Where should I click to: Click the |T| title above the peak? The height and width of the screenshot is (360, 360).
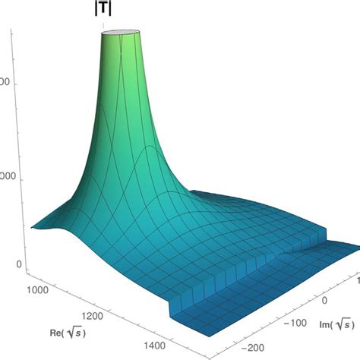point(102,11)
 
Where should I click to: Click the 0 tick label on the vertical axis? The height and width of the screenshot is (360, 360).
point(10,265)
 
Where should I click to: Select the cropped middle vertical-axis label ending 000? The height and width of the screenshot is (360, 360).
point(6,175)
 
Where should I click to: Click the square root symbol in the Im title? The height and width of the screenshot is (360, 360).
point(341,326)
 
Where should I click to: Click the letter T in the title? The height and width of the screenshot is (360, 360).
point(102,11)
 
